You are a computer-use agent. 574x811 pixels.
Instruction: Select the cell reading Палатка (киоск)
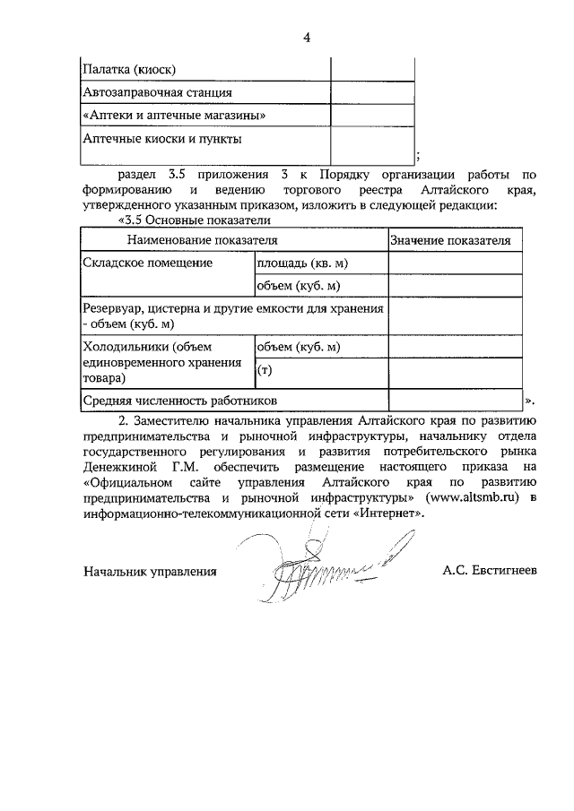click(x=129, y=69)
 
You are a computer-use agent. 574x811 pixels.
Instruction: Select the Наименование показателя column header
click(x=202, y=240)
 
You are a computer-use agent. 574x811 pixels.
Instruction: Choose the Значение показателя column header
click(x=451, y=240)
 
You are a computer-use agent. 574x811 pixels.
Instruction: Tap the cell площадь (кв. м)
click(x=302, y=263)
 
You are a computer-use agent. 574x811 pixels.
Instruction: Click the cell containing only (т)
click(x=265, y=369)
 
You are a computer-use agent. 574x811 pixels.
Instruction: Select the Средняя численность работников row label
click(x=180, y=400)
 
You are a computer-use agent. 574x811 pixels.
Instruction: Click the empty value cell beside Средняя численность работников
click(x=455, y=400)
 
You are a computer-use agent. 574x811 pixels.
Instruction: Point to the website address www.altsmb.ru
click(x=474, y=498)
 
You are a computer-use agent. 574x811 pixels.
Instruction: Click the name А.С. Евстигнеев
click(x=489, y=571)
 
